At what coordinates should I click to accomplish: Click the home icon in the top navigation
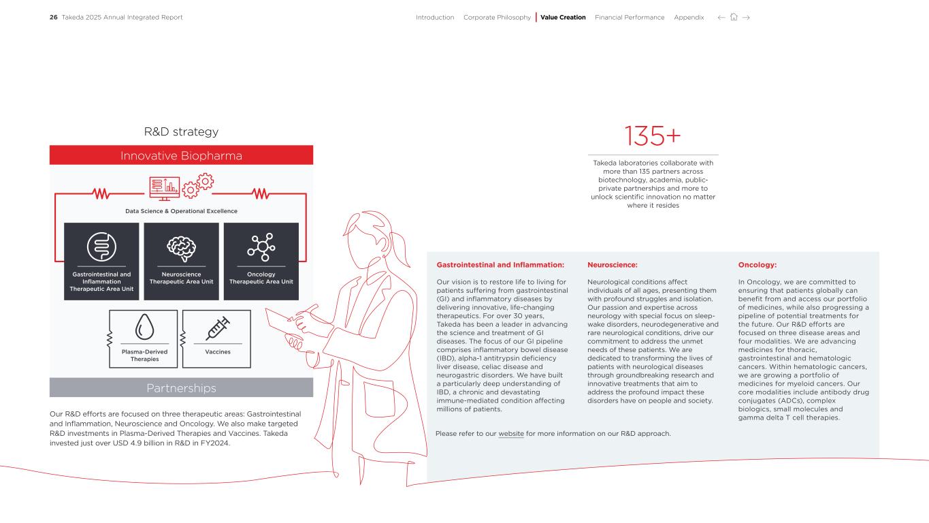(734, 17)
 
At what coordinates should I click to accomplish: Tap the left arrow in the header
(721, 18)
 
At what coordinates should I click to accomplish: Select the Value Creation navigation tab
(563, 18)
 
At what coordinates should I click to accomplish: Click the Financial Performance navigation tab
(630, 18)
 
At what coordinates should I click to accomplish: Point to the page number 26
(54, 18)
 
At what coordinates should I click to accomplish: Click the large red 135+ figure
(653, 136)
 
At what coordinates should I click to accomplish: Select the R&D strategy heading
(181, 131)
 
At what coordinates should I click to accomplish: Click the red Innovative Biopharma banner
(181, 155)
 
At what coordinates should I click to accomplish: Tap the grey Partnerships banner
(181, 387)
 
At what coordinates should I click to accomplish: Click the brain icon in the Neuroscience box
(181, 249)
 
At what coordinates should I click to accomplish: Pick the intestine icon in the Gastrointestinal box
(101, 247)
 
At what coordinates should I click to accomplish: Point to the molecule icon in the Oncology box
(261, 247)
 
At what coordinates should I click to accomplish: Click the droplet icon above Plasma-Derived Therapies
(145, 327)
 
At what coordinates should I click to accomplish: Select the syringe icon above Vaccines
(218, 328)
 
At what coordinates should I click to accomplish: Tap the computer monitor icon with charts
(164, 189)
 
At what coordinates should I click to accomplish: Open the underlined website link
(511, 434)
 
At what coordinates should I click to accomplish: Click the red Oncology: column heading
(757, 265)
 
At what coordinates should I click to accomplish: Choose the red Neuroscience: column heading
(612, 265)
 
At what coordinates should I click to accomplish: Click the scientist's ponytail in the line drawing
(400, 249)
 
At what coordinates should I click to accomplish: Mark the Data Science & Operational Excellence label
(181, 211)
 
